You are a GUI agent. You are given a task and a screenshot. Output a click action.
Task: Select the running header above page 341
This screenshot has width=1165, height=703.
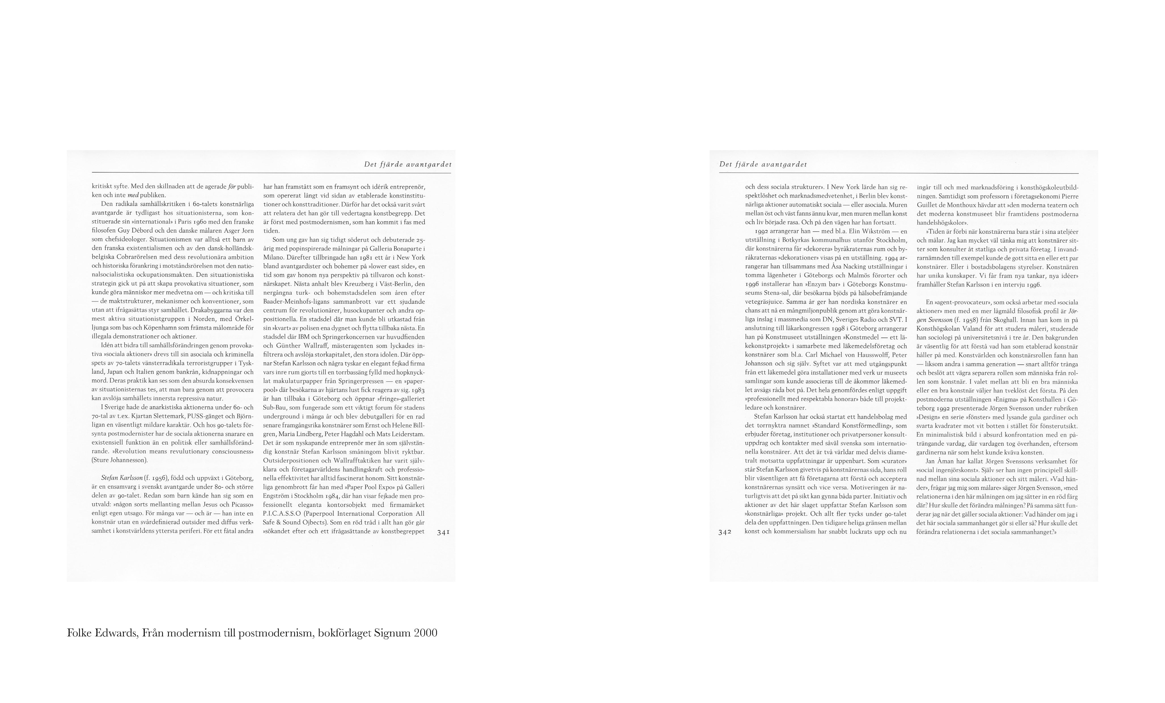click(408, 165)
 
